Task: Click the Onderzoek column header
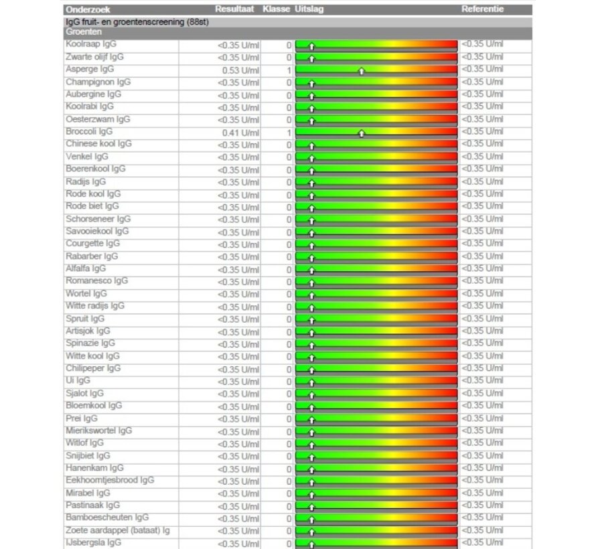(88, 10)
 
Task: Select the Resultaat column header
(234, 10)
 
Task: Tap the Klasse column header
(276, 10)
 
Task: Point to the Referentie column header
(482, 10)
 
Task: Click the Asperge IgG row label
(90, 70)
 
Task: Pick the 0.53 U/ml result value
(240, 70)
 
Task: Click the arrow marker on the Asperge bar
(362, 70)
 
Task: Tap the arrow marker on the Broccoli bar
(362, 133)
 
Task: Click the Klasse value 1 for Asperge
(289, 70)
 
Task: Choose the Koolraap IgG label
(91, 44)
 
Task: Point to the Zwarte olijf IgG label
(94, 57)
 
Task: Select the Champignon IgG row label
(98, 82)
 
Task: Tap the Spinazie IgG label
(90, 343)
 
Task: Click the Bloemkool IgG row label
(94, 406)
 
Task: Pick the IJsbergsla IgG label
(93, 542)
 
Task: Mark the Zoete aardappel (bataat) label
(117, 530)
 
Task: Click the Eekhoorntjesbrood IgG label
(110, 480)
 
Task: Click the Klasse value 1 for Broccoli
(289, 133)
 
